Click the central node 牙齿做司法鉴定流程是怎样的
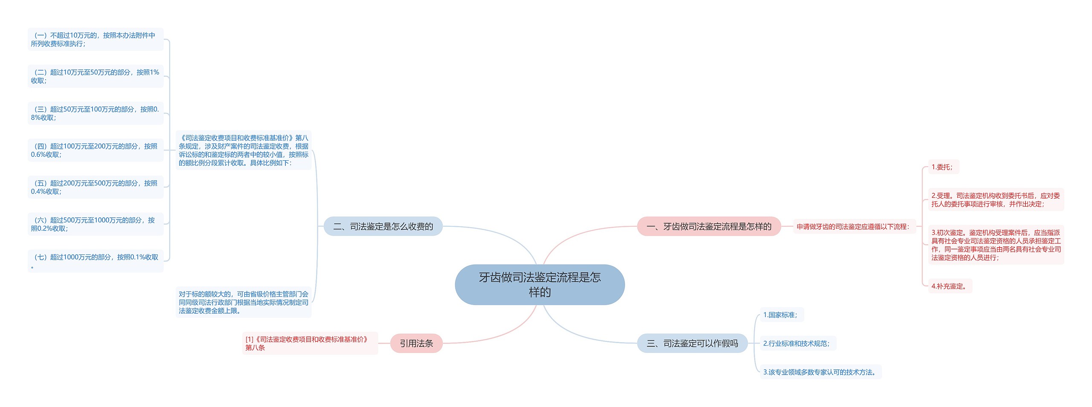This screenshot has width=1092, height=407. tap(540, 285)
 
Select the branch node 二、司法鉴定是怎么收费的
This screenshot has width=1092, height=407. tap(383, 226)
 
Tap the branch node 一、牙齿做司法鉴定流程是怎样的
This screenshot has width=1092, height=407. tap(709, 226)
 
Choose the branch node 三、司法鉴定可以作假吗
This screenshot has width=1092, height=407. tap(692, 343)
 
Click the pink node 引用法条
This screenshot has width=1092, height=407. tap(416, 343)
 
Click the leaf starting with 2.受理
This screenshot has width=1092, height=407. tap(996, 200)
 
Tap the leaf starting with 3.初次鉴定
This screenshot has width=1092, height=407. tap(996, 245)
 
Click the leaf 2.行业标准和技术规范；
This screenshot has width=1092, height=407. tap(796, 343)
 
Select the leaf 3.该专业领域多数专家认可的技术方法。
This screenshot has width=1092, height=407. tap(819, 372)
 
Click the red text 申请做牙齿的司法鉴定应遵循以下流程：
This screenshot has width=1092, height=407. tap(853, 227)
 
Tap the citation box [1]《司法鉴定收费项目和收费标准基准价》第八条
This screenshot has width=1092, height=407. tap(310, 343)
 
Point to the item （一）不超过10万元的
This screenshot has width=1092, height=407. tap(95, 40)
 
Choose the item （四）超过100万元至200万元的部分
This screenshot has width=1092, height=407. tap(95, 150)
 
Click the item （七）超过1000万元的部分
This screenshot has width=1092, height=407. tap(95, 261)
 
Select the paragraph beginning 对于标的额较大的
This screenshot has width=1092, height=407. tap(243, 302)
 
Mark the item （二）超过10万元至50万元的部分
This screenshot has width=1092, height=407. tap(95, 76)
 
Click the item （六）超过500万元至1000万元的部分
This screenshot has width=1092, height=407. tap(95, 224)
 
